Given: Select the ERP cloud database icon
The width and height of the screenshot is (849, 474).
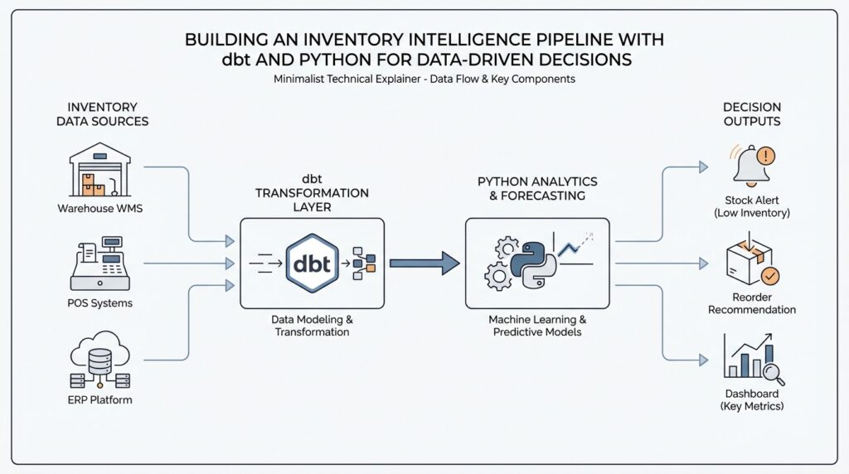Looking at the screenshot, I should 100,361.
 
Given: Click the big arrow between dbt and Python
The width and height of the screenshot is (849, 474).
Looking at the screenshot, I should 424,264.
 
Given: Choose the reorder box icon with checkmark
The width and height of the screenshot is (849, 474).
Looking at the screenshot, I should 751,263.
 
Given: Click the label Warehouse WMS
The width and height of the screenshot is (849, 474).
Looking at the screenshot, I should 100,208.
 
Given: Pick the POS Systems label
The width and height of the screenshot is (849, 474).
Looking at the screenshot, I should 100,303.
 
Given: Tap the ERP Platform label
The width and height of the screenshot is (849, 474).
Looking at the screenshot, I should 100,400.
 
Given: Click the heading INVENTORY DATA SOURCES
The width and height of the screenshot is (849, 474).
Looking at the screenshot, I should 102,114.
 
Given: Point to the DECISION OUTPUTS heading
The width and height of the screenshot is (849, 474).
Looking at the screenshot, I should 752,114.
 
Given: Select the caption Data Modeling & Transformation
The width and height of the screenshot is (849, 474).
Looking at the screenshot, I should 311,326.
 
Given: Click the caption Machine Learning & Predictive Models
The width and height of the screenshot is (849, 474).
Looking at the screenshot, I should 536,326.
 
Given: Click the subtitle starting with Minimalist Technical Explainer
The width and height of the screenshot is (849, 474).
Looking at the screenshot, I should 424,80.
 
